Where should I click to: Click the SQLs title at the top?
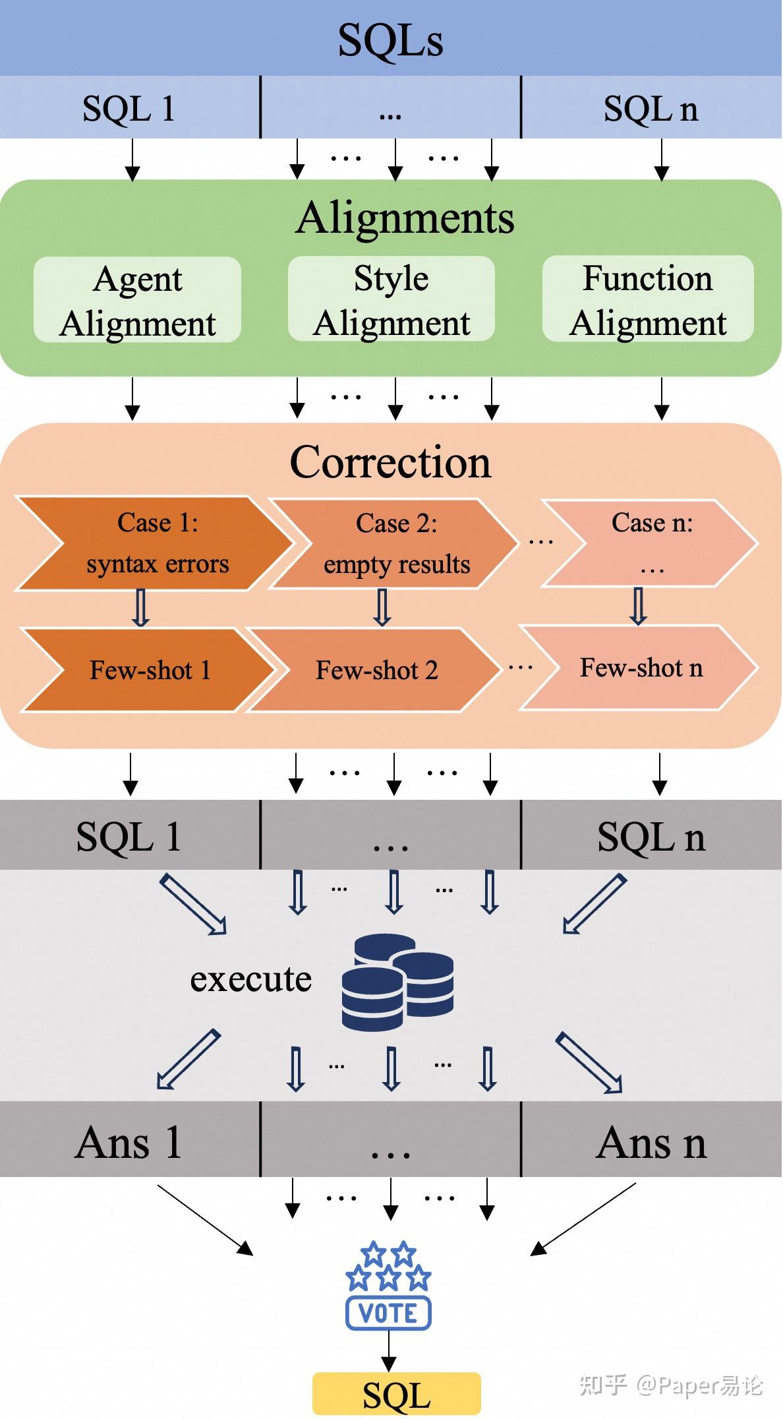tap(390, 40)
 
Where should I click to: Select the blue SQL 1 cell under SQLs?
tap(129, 108)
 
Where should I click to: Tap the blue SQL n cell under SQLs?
tap(651, 108)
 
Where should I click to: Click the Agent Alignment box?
tap(137, 300)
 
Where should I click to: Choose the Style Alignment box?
tap(391, 299)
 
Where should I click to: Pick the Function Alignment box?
tap(648, 299)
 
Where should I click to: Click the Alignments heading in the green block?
tap(404, 218)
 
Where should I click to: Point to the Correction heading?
tap(390, 462)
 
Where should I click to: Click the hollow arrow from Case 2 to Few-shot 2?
tap(382, 607)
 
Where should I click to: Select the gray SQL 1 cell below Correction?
tap(129, 836)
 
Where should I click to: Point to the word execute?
tap(250, 979)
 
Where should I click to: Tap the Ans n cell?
tap(651, 1142)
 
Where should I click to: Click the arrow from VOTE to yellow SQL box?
tap(389, 1352)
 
